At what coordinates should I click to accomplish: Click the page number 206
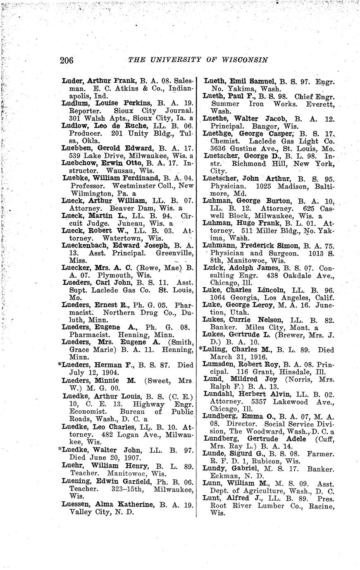tap(67, 60)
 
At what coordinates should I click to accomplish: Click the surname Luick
tap(212, 267)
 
